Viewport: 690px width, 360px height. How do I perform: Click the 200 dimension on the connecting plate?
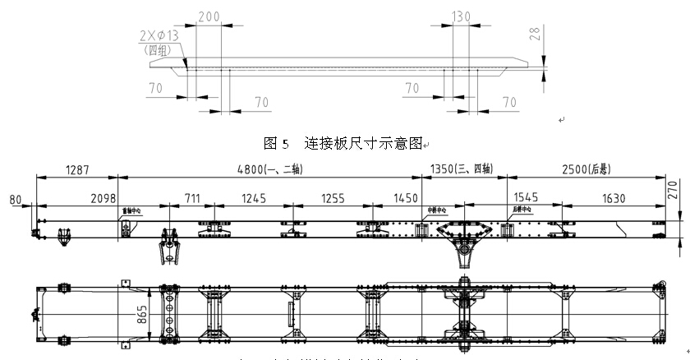click(209, 16)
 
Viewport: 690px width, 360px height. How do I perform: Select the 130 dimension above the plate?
click(462, 16)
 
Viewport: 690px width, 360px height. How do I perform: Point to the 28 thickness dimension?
click(535, 35)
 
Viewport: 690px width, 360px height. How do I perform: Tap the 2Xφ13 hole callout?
click(162, 36)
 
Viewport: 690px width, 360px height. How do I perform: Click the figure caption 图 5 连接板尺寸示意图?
click(343, 142)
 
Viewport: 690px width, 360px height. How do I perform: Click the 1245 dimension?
click(254, 198)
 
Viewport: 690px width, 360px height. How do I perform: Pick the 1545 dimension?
click(527, 198)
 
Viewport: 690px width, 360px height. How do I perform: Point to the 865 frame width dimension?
click(144, 312)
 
